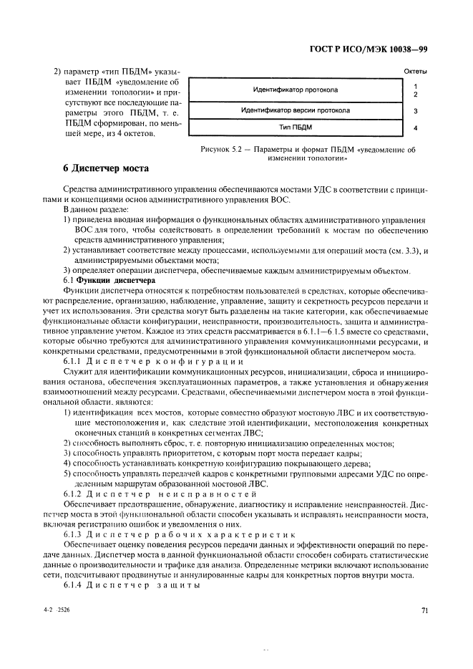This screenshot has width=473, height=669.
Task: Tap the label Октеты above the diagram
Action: pos(416,72)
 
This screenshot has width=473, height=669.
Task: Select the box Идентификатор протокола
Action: pos(295,90)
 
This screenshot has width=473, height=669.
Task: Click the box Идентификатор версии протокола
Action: pos(295,111)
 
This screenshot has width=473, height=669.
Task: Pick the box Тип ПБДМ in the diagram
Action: pos(295,128)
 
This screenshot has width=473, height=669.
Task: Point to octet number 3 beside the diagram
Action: pos(416,112)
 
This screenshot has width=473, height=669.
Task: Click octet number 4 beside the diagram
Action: pos(416,129)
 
